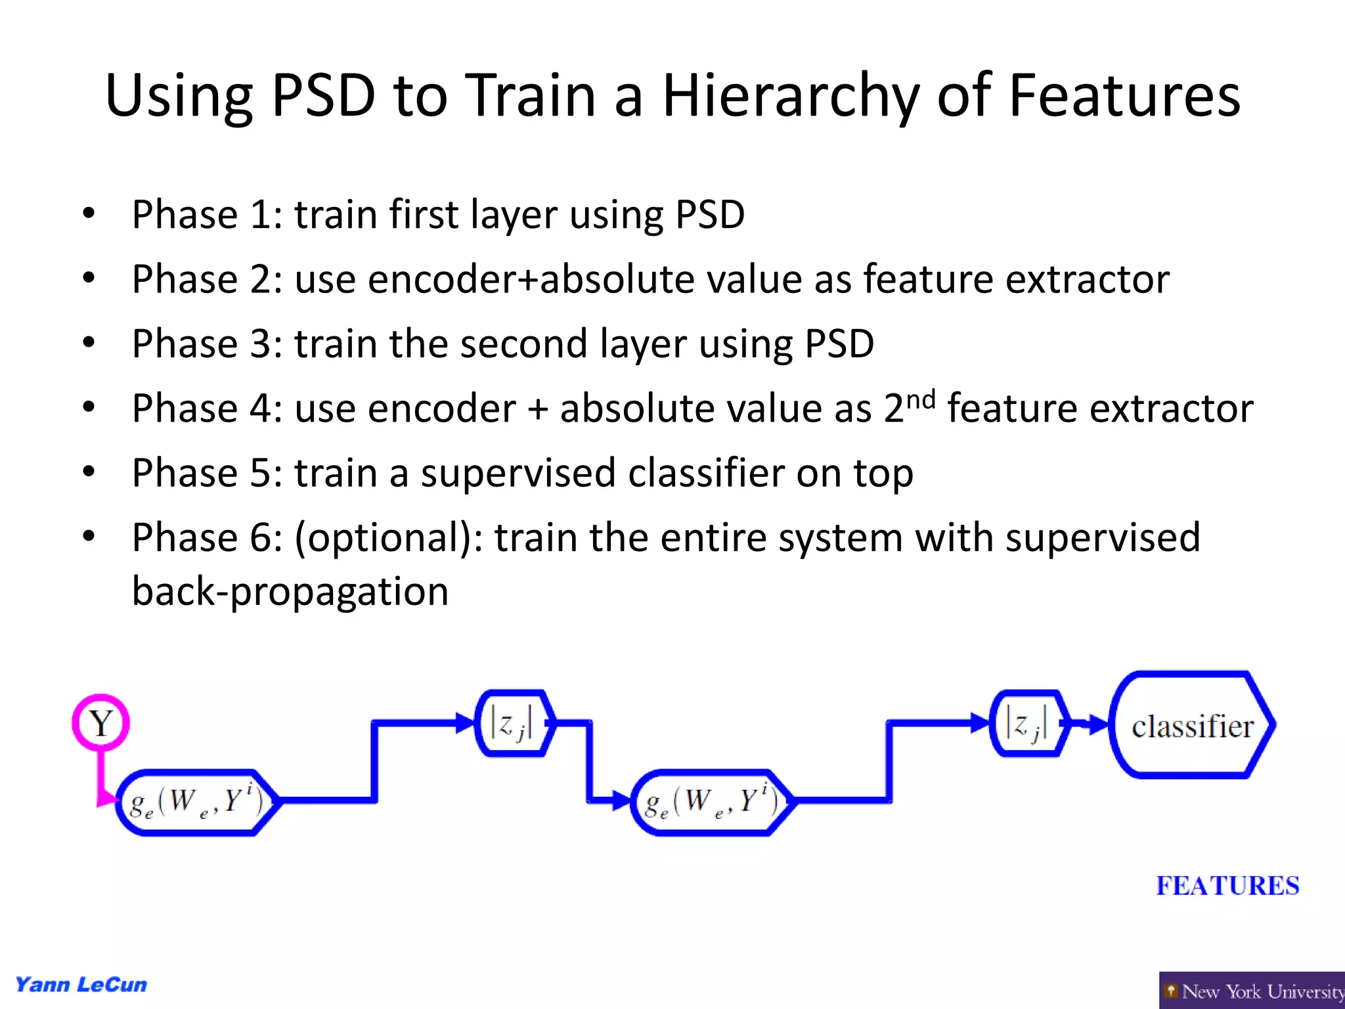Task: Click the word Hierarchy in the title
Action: pos(790,97)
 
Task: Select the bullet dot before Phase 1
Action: pos(89,213)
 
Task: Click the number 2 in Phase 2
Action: pos(261,279)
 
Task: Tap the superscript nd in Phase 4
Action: pos(920,399)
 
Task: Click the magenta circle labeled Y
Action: pos(100,723)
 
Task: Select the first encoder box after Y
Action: pos(196,802)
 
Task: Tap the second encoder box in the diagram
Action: pos(712,802)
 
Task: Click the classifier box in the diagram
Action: pos(1191,725)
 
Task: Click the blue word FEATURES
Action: pos(1227,886)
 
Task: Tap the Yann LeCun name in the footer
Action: pos(81,985)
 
